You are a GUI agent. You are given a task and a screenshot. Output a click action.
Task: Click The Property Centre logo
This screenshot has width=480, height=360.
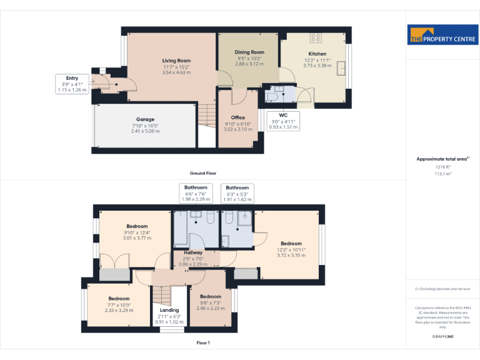tap(442, 35)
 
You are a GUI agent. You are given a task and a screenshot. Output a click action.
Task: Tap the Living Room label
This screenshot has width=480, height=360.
tap(177, 61)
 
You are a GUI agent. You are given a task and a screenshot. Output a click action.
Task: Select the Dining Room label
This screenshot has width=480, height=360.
tap(249, 52)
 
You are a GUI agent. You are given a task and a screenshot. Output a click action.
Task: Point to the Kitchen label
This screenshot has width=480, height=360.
tap(317, 54)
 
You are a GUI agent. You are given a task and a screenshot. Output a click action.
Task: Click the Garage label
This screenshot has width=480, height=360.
tap(145, 119)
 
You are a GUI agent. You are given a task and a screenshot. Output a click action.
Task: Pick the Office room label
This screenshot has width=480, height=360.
tap(237, 117)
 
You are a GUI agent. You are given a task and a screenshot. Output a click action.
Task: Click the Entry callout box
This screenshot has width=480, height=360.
tap(72, 84)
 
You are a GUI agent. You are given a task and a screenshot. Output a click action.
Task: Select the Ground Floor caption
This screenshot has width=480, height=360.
tap(203, 173)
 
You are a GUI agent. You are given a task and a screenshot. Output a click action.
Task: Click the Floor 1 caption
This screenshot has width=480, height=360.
tap(203, 342)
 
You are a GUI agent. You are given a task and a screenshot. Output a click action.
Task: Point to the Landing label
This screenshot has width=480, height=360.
tap(169, 310)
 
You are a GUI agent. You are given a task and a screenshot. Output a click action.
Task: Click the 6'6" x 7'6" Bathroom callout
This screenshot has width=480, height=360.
tap(195, 193)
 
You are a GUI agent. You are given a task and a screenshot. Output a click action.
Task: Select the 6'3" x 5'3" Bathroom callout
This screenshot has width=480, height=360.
tap(237, 193)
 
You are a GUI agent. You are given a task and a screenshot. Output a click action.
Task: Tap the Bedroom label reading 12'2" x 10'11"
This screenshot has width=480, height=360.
tap(291, 244)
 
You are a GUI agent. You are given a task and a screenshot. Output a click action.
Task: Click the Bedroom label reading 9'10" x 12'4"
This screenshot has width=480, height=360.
tap(137, 226)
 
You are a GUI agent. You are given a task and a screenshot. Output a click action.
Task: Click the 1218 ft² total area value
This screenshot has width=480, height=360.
tap(442, 167)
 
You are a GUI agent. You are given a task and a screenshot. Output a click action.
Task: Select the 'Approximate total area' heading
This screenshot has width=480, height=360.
tap(442, 159)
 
